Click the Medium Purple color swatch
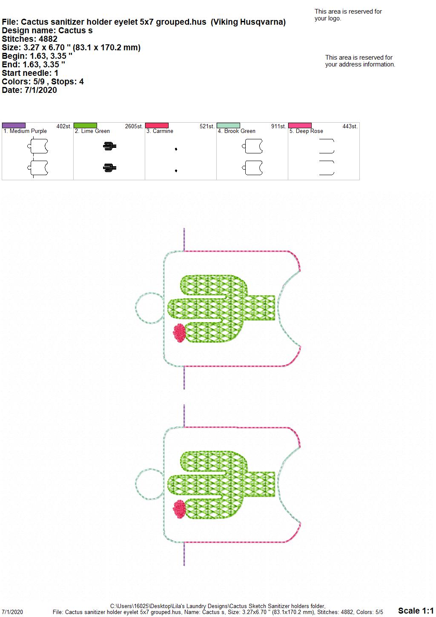click(14, 125)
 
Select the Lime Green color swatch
click(85, 125)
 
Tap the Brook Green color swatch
click(229, 125)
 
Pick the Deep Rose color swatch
click(300, 125)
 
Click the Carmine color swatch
click(157, 125)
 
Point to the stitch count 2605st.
click(134, 127)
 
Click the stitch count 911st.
click(278, 127)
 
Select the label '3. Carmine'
click(160, 131)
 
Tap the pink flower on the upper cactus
click(179, 333)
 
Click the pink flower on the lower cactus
click(179, 509)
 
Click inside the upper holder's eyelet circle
click(149, 308)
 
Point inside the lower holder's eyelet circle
click(149, 484)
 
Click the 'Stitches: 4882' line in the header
click(30, 39)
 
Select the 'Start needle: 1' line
click(30, 73)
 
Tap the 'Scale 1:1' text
click(416, 610)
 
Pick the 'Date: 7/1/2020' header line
click(29, 90)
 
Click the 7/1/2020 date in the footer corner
click(12, 612)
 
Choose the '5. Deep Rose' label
click(306, 131)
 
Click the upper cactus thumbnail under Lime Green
click(109, 146)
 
